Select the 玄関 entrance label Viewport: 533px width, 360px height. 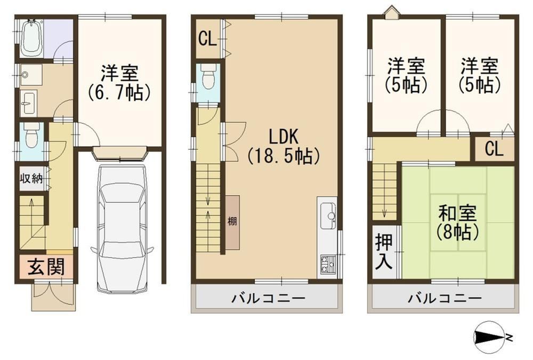[46, 266]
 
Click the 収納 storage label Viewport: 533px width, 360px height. [31, 178]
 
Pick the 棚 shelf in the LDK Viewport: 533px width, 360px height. [232, 222]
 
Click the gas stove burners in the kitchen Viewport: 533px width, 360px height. [327, 265]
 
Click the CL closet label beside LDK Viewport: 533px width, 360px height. [207, 39]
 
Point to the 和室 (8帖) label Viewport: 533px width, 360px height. [457, 223]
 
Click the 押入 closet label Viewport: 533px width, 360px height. [384, 251]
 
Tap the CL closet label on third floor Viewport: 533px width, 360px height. [494, 149]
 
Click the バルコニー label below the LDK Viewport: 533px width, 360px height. [269, 299]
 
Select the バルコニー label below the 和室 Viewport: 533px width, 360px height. [445, 299]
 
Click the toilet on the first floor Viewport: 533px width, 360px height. [32, 136]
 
